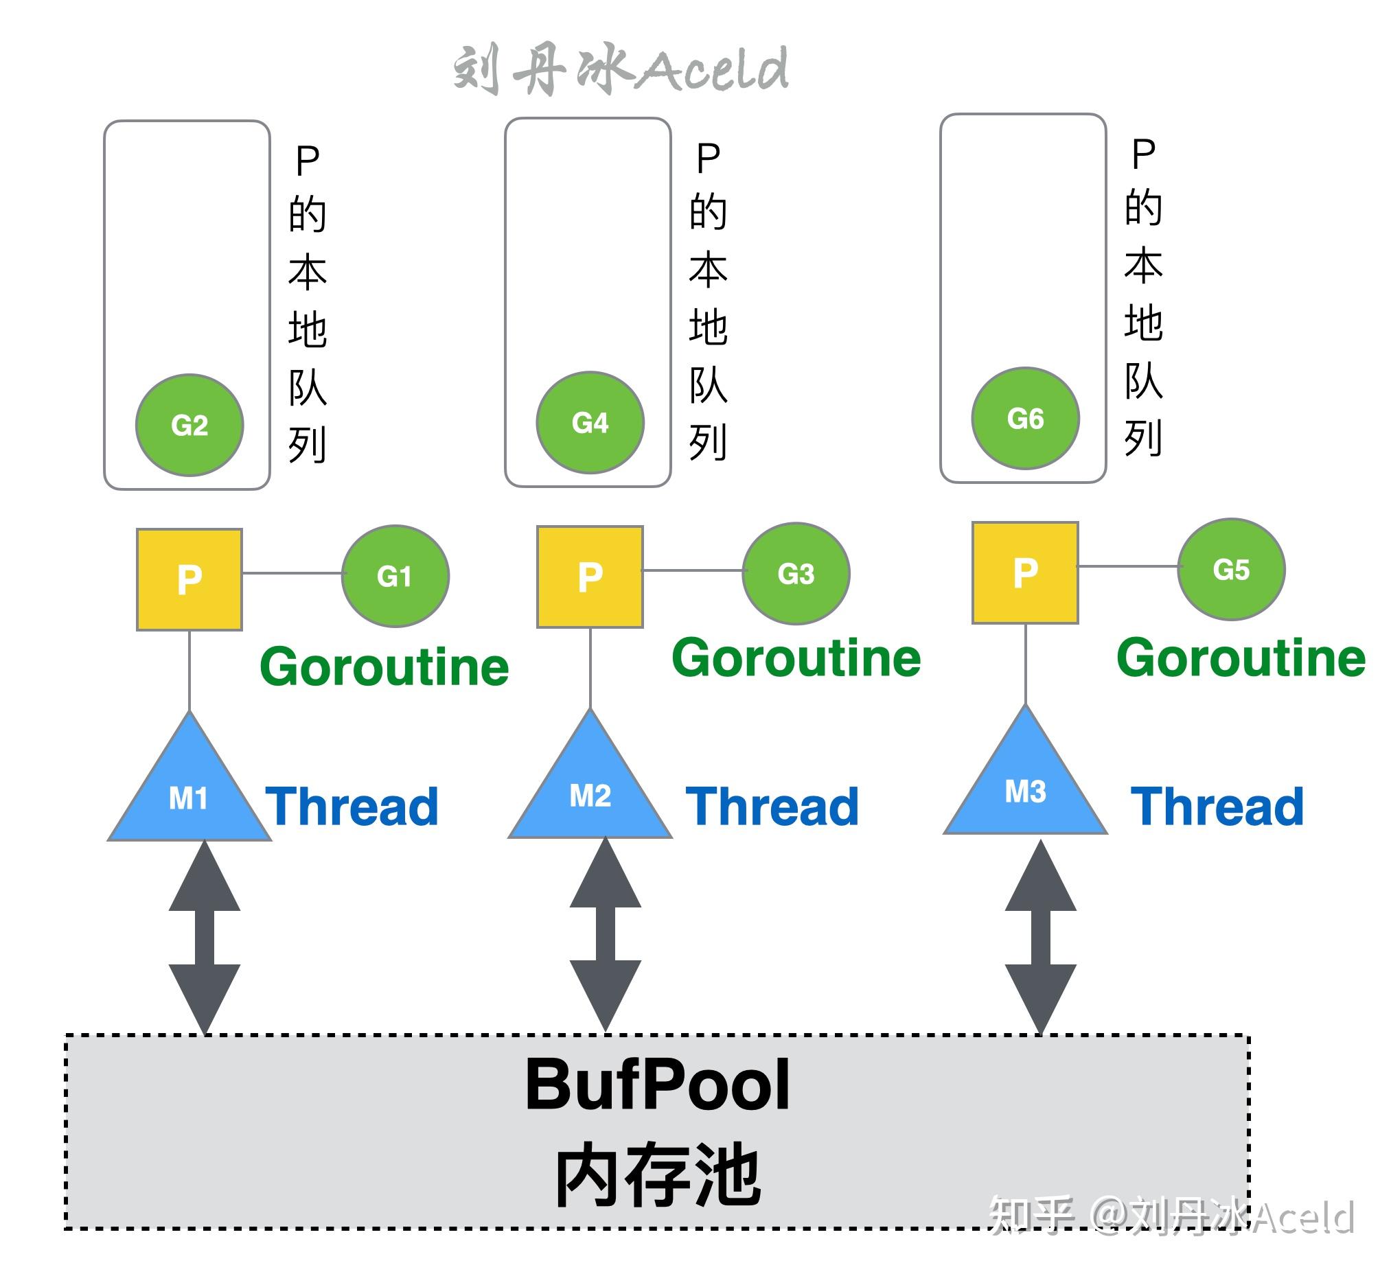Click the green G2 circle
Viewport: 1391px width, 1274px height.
189,425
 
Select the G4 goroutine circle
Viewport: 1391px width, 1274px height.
590,422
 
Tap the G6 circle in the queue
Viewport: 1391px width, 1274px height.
1024,418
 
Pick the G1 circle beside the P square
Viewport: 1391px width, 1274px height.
395,576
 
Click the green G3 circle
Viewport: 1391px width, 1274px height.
796,573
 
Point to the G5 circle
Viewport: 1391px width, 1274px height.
1231,569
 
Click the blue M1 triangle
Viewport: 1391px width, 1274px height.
189,794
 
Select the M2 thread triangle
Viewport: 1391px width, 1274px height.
590,791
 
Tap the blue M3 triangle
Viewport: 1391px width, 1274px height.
1025,787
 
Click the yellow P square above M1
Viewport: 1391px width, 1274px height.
189,579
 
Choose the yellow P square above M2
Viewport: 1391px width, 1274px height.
590,577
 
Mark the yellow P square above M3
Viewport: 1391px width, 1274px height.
1025,572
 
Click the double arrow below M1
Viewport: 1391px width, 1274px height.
205,937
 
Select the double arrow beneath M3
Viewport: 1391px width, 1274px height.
1040,937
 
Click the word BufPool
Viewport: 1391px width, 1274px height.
657,1085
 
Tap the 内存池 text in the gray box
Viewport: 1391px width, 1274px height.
657,1174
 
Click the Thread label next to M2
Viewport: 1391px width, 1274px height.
772,807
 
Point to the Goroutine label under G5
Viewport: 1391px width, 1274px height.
1240,658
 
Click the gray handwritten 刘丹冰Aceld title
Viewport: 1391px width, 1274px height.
621,69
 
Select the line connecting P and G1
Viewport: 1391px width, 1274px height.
292,573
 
